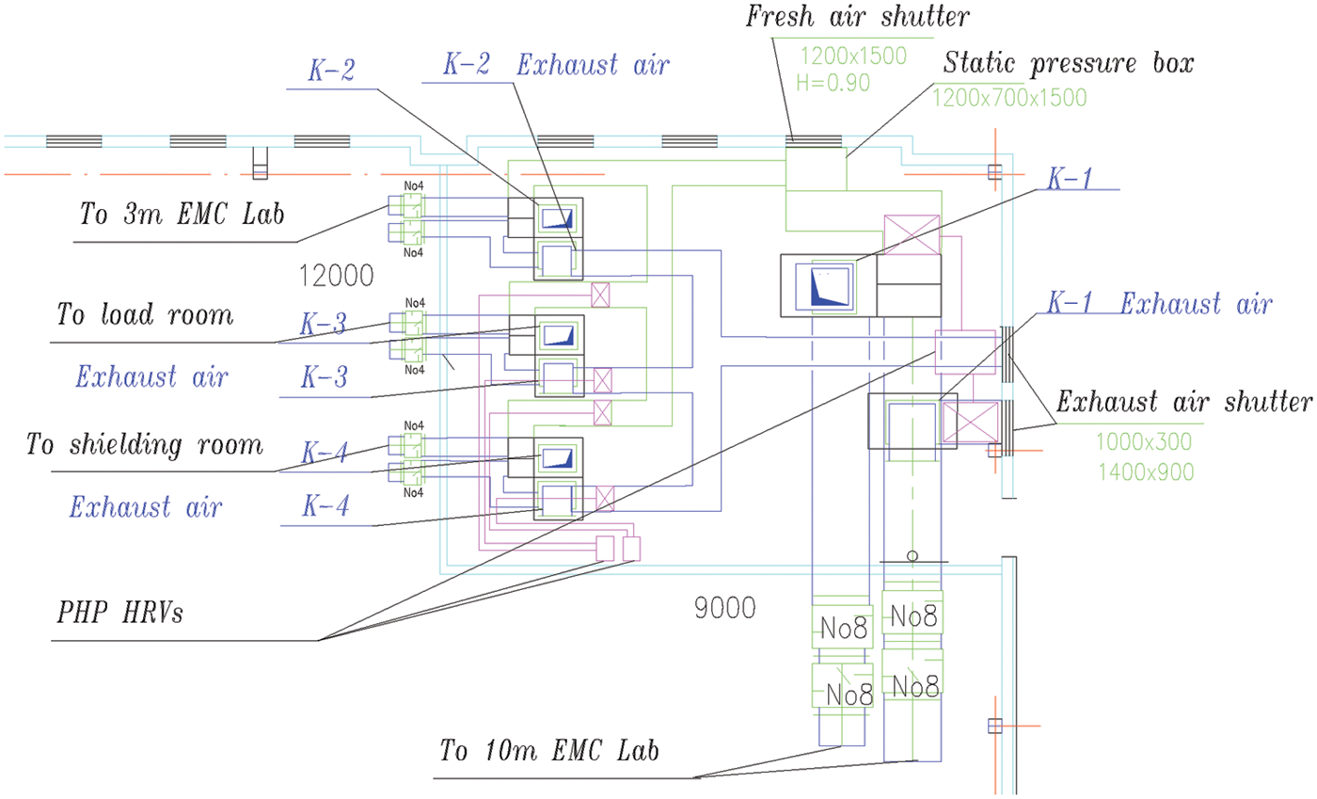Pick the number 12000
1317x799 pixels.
point(335,276)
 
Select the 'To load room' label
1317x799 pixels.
point(145,313)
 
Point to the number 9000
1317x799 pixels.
point(724,609)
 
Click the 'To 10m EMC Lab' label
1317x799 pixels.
point(550,751)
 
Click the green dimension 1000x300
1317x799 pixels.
point(1144,440)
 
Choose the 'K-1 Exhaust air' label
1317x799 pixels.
point(1160,305)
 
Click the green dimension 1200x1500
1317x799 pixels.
point(853,56)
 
